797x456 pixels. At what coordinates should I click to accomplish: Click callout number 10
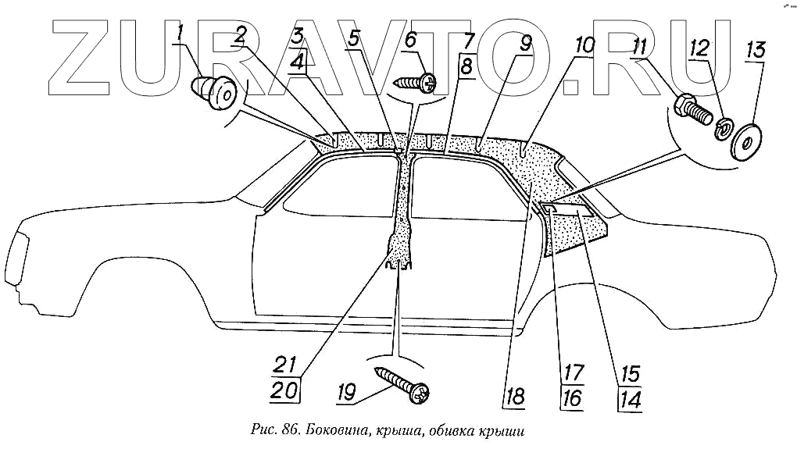585,45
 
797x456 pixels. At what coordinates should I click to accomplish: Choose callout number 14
630,399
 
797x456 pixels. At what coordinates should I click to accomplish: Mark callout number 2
240,35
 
